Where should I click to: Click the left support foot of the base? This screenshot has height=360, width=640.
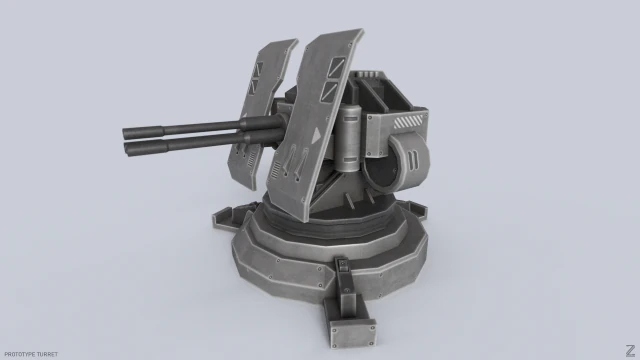tap(225, 218)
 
